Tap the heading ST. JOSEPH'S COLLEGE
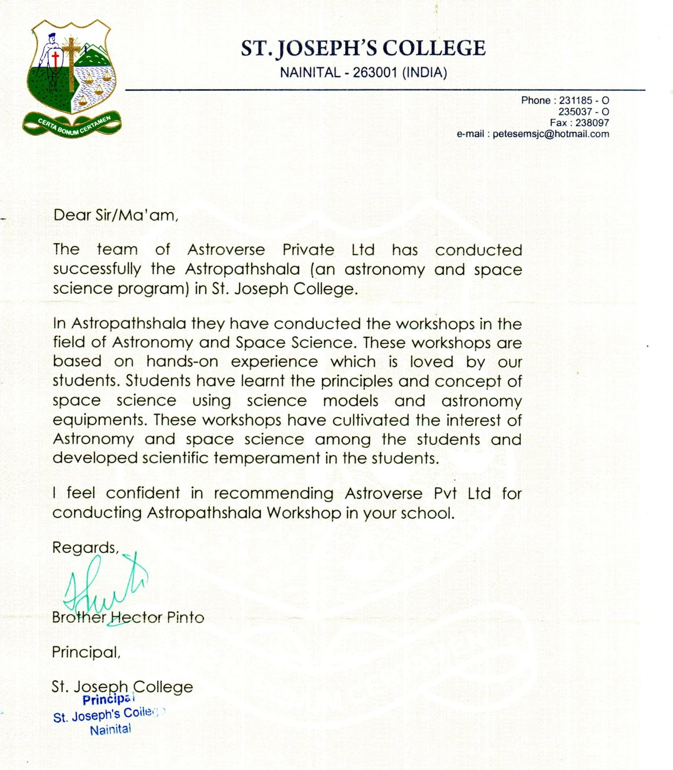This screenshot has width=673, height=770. [x=363, y=48]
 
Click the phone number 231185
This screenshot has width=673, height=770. [x=575, y=100]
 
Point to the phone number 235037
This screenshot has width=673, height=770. [x=575, y=111]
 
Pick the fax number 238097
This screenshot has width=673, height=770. [x=592, y=122]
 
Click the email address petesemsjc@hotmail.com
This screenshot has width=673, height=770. [x=551, y=134]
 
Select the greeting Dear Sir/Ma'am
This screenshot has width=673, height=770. [x=116, y=215]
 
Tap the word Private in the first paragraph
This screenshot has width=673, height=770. [x=308, y=249]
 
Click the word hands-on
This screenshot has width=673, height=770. [x=182, y=362]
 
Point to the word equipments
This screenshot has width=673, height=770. [x=99, y=420]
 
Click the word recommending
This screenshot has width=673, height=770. [x=273, y=493]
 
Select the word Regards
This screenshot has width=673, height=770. [x=85, y=548]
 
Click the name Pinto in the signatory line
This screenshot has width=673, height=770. [x=186, y=617]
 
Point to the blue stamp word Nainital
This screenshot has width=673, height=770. [x=110, y=729]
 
